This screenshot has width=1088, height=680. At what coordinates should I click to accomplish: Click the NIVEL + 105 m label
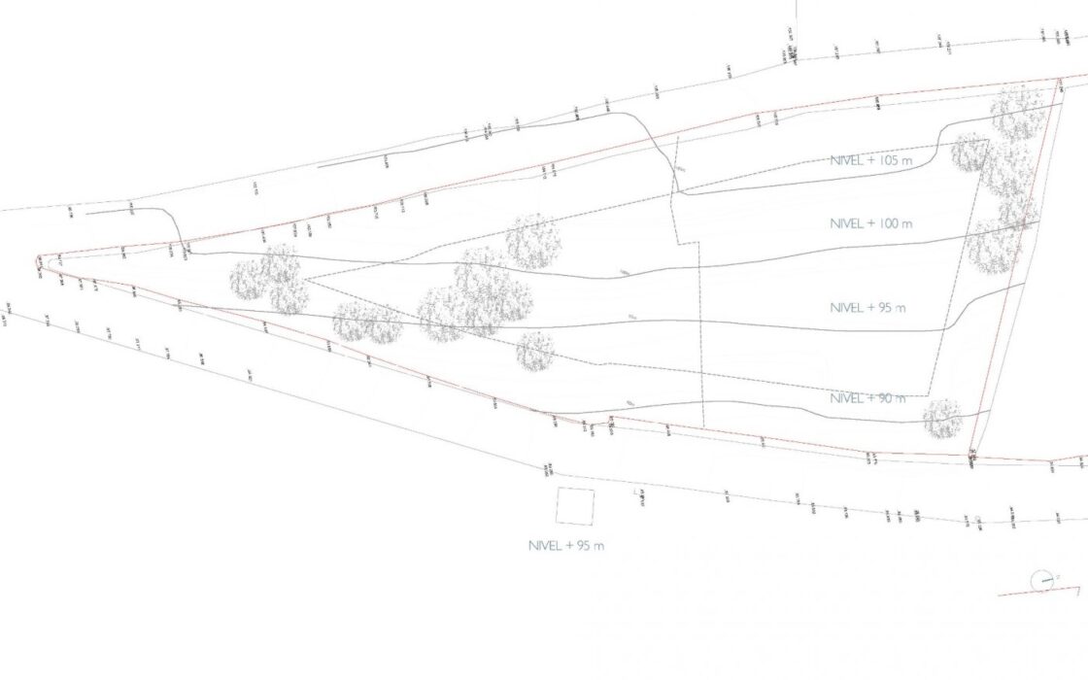[x=871, y=160]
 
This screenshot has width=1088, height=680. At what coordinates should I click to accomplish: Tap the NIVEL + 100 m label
[x=871, y=223]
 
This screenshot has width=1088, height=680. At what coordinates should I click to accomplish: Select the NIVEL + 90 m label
[x=868, y=398]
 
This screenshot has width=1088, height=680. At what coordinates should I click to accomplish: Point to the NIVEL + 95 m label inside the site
[x=868, y=308]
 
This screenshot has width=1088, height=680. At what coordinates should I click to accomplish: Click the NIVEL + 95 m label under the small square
[x=566, y=546]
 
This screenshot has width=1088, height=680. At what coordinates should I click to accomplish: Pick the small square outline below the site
[x=575, y=506]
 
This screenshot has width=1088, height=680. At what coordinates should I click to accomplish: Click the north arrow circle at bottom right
[x=1042, y=581]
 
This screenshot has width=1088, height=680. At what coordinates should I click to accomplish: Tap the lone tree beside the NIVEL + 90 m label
[x=941, y=419]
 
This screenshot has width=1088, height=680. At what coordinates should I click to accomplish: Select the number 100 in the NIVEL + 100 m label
[x=888, y=223]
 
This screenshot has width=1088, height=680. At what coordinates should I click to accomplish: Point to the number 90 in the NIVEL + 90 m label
[x=884, y=398]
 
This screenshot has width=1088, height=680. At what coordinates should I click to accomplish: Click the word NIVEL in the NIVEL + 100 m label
[x=846, y=223]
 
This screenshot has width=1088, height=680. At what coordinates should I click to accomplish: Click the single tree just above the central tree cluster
[x=532, y=241]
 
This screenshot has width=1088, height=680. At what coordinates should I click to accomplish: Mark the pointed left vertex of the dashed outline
[x=307, y=281]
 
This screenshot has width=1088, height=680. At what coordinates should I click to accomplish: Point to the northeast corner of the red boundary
[x=1061, y=79]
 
